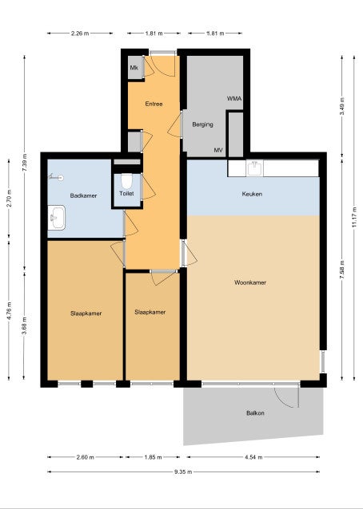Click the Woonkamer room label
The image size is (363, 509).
click(x=250, y=282)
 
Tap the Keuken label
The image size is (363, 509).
click(x=252, y=194)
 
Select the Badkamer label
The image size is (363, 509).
click(x=83, y=195)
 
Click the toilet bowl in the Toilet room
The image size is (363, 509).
click(x=126, y=181)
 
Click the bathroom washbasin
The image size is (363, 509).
click(x=57, y=218)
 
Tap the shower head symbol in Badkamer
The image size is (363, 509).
click(x=56, y=177)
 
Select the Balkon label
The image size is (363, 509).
click(x=255, y=413)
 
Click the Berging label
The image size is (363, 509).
click(x=202, y=124)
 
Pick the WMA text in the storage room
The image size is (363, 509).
click(x=234, y=98)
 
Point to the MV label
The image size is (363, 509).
click(x=218, y=150)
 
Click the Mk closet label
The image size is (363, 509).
click(x=134, y=68)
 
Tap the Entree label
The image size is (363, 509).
click(x=154, y=104)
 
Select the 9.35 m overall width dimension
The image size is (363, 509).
click(x=183, y=472)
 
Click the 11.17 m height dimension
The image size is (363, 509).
click(x=354, y=217)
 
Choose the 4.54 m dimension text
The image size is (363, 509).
click(x=253, y=457)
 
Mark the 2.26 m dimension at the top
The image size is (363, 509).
click(x=80, y=34)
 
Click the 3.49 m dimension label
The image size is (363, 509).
click(x=342, y=106)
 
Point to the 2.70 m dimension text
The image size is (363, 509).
click(x=9, y=198)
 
